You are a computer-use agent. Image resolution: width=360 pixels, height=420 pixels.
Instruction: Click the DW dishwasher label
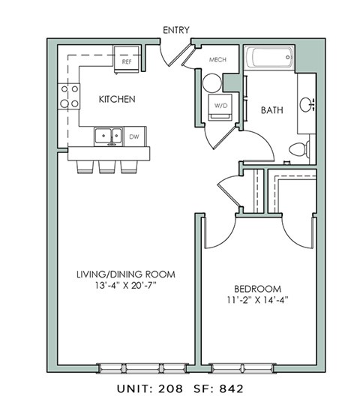(134, 136)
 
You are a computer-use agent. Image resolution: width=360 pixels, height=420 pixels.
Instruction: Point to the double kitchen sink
(109, 136)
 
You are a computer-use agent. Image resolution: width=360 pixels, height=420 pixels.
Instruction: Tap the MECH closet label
(217, 60)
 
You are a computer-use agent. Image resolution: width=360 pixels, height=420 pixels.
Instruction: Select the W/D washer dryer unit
(221, 106)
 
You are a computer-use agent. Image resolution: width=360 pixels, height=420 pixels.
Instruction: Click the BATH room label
(271, 110)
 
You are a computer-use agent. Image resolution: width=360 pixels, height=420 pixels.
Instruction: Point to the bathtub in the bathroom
(270, 58)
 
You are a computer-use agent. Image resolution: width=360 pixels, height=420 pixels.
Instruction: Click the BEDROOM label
(256, 289)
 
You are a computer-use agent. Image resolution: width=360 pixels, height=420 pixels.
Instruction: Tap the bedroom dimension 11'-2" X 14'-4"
(256, 300)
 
